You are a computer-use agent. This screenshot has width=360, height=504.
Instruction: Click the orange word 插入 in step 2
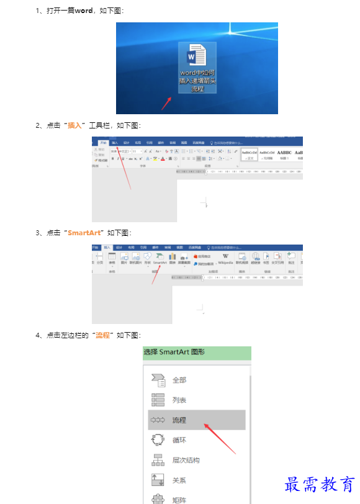click(x=74, y=125)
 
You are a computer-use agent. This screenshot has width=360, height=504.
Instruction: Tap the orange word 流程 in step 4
click(x=102, y=335)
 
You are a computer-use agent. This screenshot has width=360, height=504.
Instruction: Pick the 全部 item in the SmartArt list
click(x=179, y=380)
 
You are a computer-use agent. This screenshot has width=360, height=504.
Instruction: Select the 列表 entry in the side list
click(x=179, y=400)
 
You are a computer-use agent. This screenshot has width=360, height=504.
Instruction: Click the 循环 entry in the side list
click(x=179, y=440)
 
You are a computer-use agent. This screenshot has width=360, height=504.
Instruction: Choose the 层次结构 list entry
click(x=186, y=461)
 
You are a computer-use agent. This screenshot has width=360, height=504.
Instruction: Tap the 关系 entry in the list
click(x=179, y=480)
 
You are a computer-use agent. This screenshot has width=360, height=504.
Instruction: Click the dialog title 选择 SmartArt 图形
click(x=174, y=352)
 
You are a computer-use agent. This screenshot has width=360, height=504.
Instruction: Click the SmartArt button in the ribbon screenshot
click(x=160, y=259)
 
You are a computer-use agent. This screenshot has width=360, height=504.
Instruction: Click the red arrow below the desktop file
click(x=166, y=103)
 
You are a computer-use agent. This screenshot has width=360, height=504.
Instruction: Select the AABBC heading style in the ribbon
click(x=284, y=153)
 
